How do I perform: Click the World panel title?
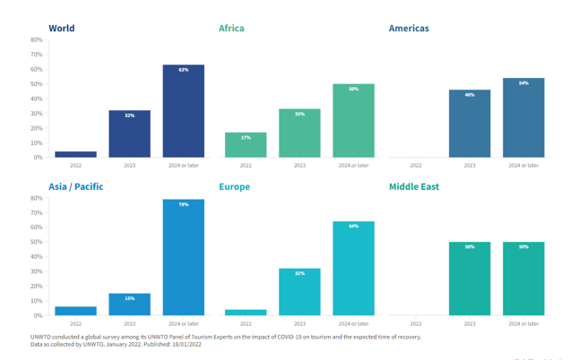pos(62,28)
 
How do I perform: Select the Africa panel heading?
pos(231,28)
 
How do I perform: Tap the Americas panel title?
pos(409,28)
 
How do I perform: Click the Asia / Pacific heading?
pos(76,186)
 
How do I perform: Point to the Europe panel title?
pos(235,186)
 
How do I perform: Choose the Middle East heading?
pos(414,186)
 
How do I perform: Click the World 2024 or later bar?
pos(183,111)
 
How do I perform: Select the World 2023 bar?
pos(129,134)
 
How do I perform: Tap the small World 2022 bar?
pos(75,154)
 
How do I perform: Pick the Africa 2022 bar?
pos(246,145)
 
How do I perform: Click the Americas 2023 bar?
pos(470,124)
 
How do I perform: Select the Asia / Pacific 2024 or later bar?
pos(183,257)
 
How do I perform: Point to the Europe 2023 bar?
pos(299,292)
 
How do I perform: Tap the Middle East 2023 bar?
pos(470,279)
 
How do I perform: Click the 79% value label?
pos(183,204)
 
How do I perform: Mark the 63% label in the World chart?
pos(183,70)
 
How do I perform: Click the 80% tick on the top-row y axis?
pos(36,40)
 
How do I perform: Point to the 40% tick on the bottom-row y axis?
pos(36,257)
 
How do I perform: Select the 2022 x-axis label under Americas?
pos(416,165)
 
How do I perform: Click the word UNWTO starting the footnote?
pos(42,338)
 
